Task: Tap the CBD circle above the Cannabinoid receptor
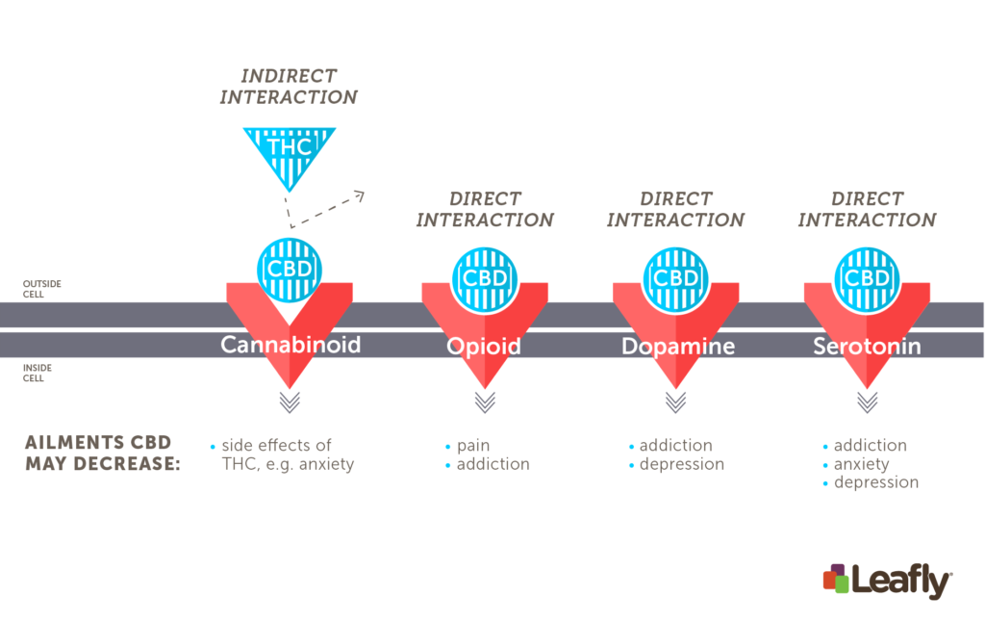(x=290, y=270)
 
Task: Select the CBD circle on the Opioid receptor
(x=485, y=279)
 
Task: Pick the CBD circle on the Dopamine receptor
(x=676, y=279)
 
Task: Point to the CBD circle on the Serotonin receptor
(x=867, y=279)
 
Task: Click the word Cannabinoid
(x=290, y=345)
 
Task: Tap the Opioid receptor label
(x=484, y=347)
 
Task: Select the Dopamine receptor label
(x=678, y=347)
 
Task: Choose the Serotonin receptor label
(x=867, y=346)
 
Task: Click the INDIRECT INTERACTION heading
(x=289, y=86)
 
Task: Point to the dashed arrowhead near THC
(x=360, y=196)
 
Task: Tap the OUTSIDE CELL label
(x=42, y=289)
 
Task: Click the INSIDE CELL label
(x=38, y=373)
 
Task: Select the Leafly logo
(x=888, y=581)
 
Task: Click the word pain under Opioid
(x=473, y=445)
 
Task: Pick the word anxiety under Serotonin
(x=861, y=464)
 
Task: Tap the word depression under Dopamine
(x=682, y=464)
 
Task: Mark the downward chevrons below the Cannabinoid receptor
(x=290, y=402)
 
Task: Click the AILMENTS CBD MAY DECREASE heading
(x=102, y=453)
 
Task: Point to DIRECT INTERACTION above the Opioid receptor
(x=485, y=210)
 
